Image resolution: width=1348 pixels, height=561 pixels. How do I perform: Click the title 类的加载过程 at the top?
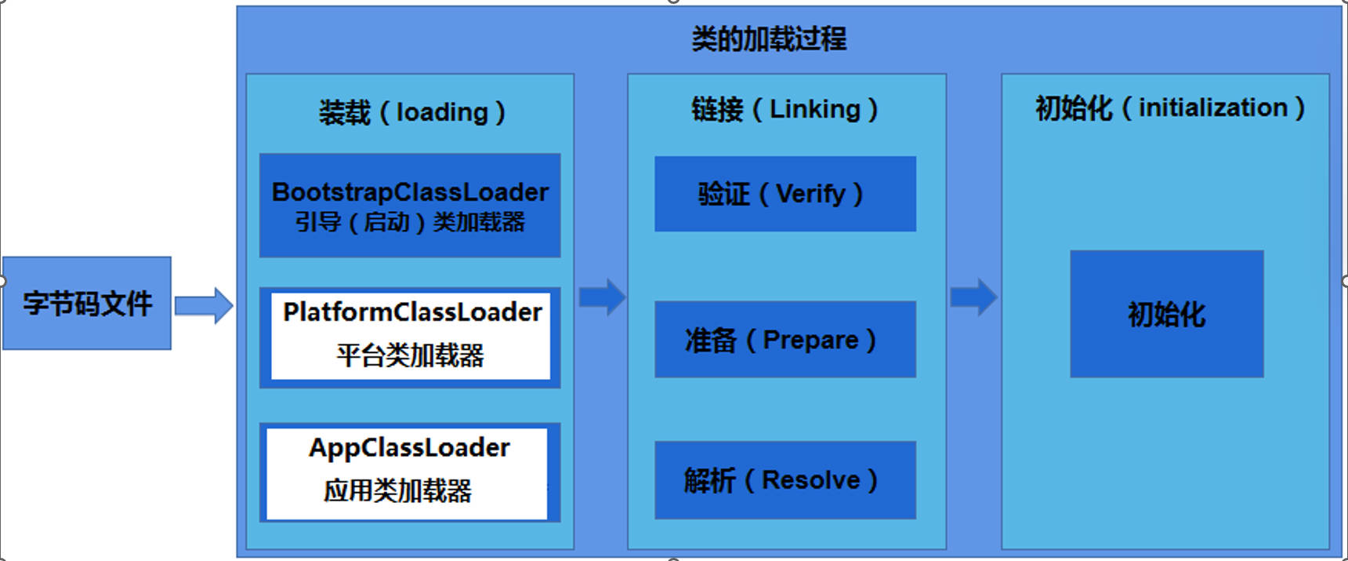[769, 38]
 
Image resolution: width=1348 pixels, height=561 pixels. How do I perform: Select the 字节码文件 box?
[87, 303]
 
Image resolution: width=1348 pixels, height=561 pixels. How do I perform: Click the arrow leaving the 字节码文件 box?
[204, 305]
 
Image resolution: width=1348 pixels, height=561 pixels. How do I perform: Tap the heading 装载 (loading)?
[411, 112]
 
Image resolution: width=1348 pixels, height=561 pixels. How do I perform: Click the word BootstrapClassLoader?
[410, 192]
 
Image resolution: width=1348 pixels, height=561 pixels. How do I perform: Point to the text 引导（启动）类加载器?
[410, 222]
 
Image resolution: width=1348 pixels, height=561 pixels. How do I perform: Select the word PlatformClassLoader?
[412, 312]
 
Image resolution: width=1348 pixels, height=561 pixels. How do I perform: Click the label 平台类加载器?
[410, 355]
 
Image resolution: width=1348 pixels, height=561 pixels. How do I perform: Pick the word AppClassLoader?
[409, 448]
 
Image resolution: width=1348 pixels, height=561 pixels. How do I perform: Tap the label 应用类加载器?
[398, 491]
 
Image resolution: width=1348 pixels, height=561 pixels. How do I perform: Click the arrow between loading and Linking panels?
[602, 297]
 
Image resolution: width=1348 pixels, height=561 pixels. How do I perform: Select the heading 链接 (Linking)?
[785, 109]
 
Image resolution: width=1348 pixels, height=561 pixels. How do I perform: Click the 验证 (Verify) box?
[785, 194]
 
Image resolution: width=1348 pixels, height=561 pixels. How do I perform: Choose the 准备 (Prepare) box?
[785, 340]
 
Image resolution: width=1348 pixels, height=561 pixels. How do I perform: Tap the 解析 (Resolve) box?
[785, 479]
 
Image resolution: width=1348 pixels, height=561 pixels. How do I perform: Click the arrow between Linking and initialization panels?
[973, 297]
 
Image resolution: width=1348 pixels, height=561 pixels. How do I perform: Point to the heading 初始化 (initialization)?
[1169, 107]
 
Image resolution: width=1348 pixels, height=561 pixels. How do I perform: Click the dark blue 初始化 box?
[1166, 314]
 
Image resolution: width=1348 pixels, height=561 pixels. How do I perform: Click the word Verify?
[811, 194]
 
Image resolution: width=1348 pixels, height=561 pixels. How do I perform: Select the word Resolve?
[811, 479]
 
